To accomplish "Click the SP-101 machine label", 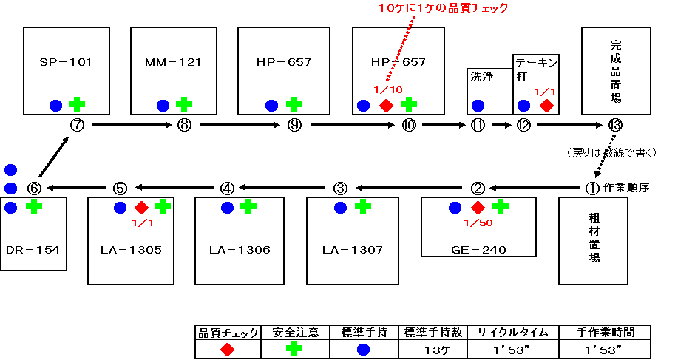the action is point(66,62).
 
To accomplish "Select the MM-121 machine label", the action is point(173,62).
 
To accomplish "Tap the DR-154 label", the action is point(33,250).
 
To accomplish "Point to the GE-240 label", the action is point(478,250).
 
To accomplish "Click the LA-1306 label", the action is point(240,250).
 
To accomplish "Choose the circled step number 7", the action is point(77,126).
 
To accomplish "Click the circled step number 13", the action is point(615,126).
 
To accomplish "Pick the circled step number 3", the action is point(340,189).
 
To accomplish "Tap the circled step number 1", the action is point(592,189).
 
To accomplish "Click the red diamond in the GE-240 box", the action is point(478,208).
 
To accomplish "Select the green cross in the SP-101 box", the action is point(77,105).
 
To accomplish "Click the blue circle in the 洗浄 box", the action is point(478,106).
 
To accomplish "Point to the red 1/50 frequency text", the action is point(478,223).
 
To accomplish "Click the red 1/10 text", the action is point(388,89).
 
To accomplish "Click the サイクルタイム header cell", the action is point(513,333).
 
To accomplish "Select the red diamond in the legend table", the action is point(227,349).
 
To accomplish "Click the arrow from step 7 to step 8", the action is point(132,126).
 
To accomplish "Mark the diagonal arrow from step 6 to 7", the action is point(54,157).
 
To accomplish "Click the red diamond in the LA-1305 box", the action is point(142,208).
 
